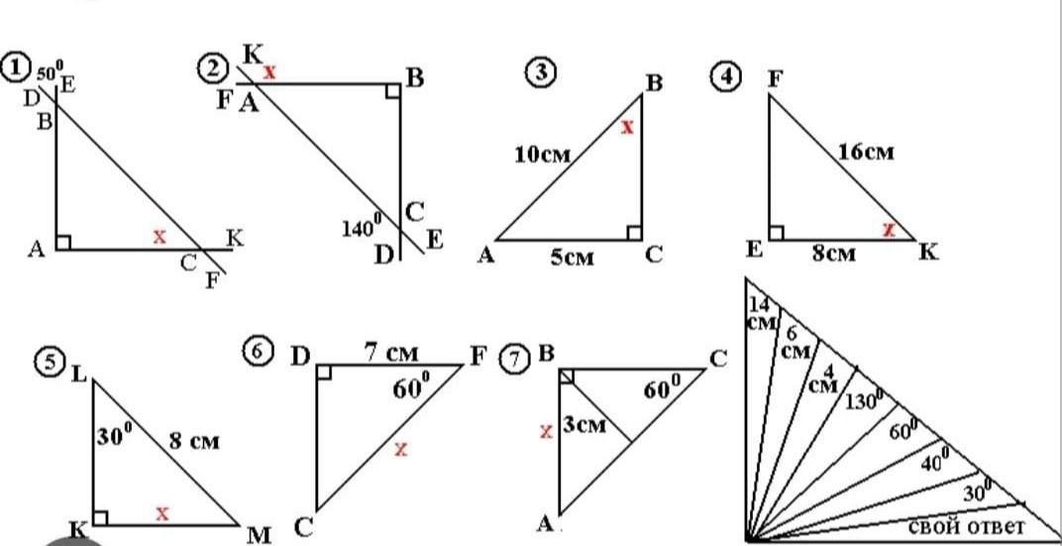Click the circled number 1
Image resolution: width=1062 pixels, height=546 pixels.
13,68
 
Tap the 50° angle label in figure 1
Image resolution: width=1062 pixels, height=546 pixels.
51,68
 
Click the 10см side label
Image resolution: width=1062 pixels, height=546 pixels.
543,155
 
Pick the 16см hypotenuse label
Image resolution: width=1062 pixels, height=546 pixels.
866,152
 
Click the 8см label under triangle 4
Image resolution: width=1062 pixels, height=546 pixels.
834,254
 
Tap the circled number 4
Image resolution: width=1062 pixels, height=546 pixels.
726,75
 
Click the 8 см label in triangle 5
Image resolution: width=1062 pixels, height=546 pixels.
194,442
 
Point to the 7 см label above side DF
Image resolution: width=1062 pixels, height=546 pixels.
391,352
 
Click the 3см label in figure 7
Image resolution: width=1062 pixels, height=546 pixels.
584,427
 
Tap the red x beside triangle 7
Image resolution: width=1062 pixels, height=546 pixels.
546,431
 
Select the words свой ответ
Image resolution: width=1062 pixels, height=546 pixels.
966,525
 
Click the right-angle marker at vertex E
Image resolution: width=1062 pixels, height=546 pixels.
777,232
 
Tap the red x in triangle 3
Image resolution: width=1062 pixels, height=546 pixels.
627,126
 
